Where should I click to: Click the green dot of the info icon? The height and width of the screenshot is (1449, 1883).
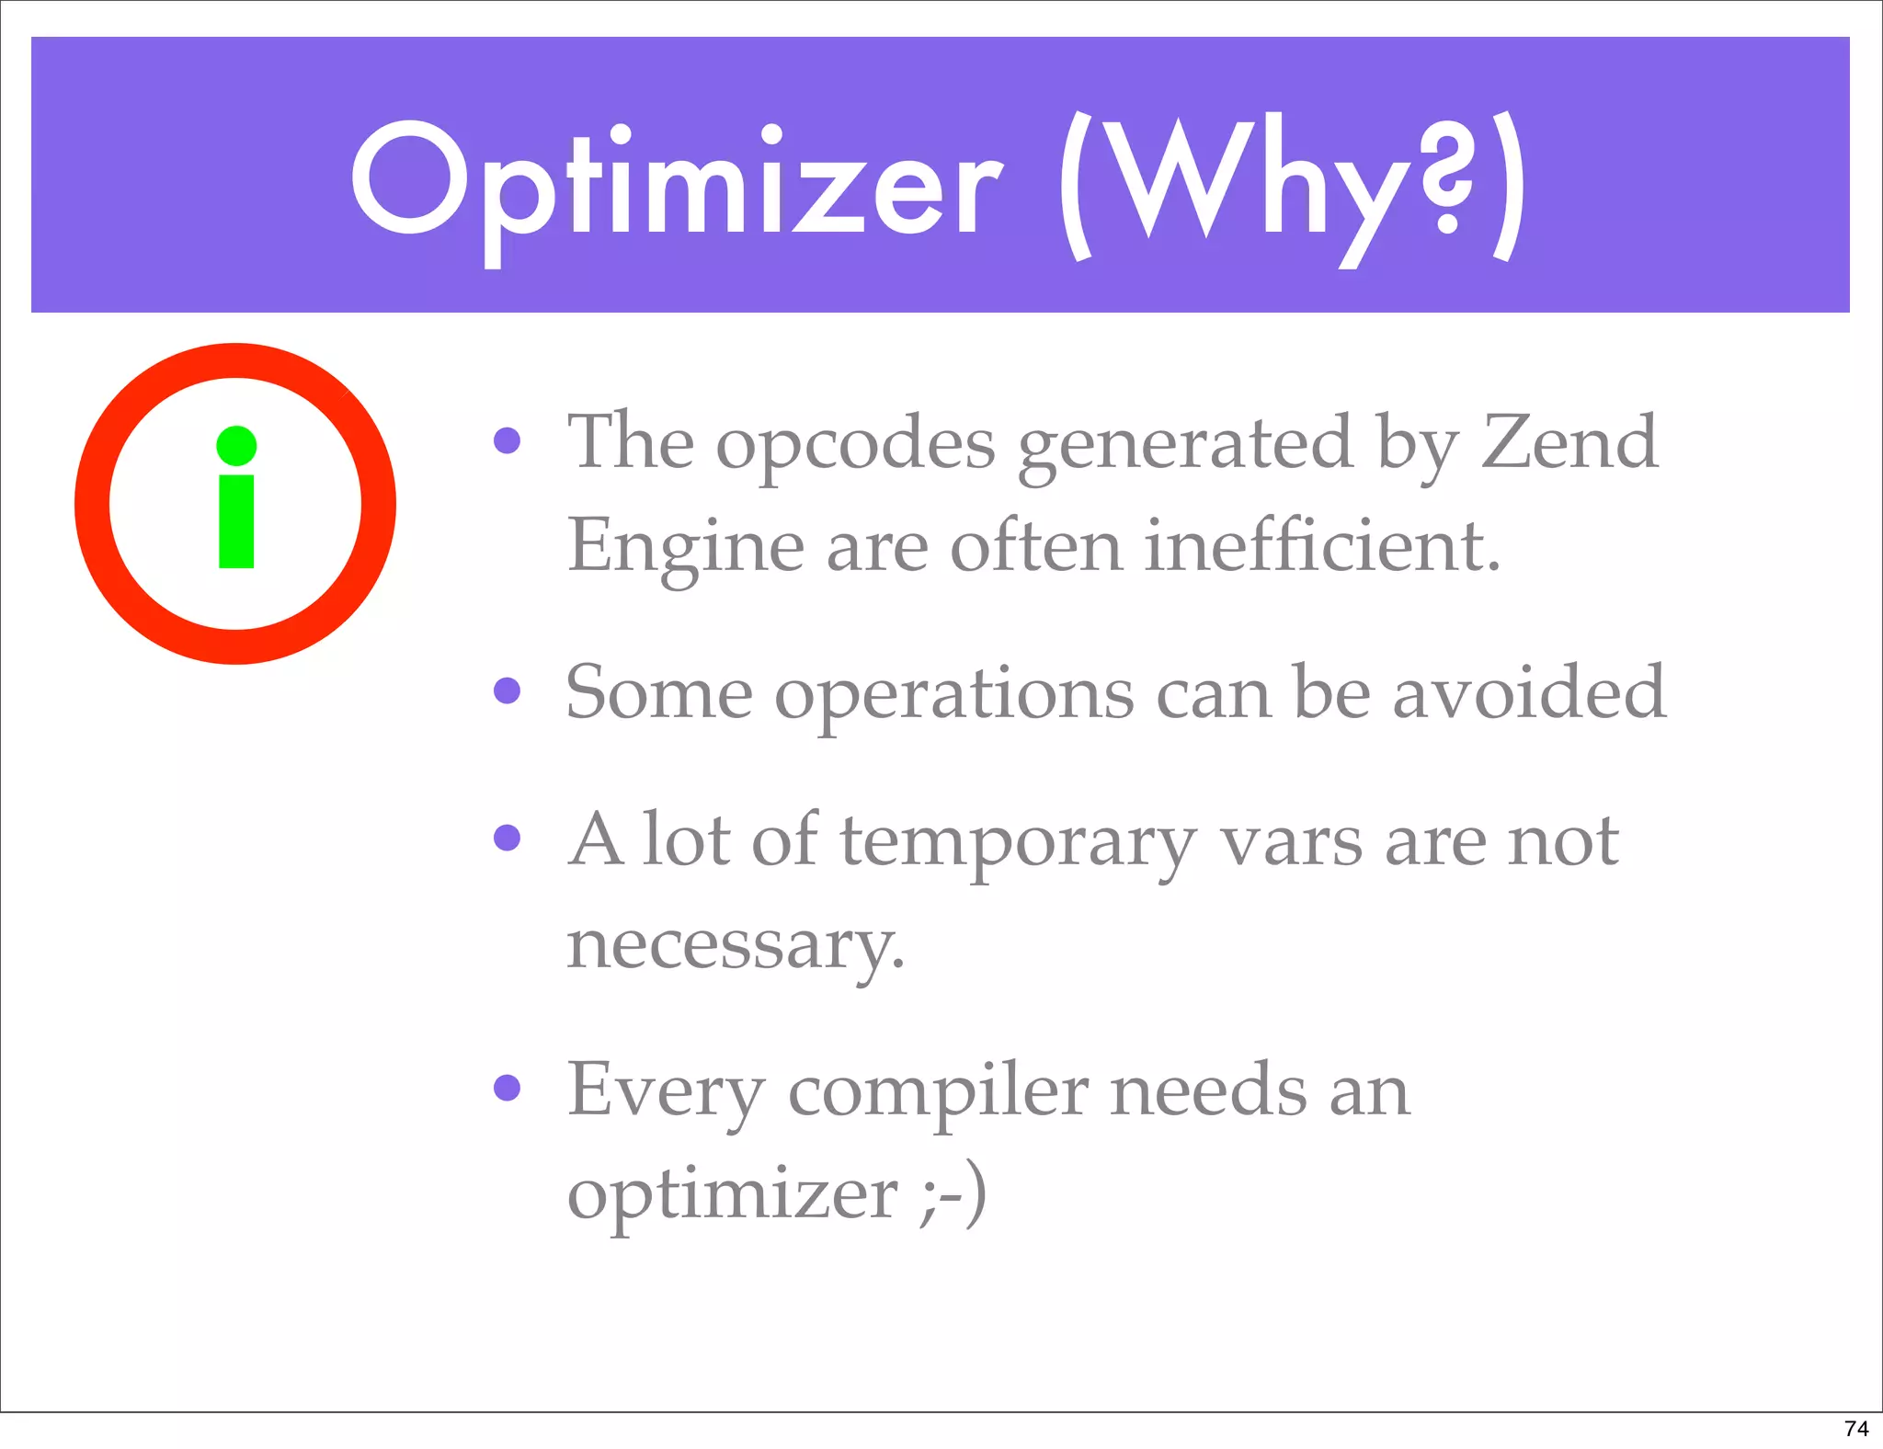click(236, 446)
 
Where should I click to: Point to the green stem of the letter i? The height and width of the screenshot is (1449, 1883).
click(236, 521)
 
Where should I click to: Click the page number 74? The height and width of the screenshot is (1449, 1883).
click(1856, 1428)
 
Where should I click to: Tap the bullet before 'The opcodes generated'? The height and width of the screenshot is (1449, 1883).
click(507, 440)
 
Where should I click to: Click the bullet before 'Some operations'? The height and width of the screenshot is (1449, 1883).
click(507, 690)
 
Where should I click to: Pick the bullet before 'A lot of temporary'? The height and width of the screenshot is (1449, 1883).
click(507, 837)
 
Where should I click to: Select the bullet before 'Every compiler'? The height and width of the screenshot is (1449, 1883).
click(507, 1087)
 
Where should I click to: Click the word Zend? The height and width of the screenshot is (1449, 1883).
click(1569, 442)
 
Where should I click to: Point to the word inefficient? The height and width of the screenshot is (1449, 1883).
click(1322, 545)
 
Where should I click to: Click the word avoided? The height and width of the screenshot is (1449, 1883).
click(1528, 691)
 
